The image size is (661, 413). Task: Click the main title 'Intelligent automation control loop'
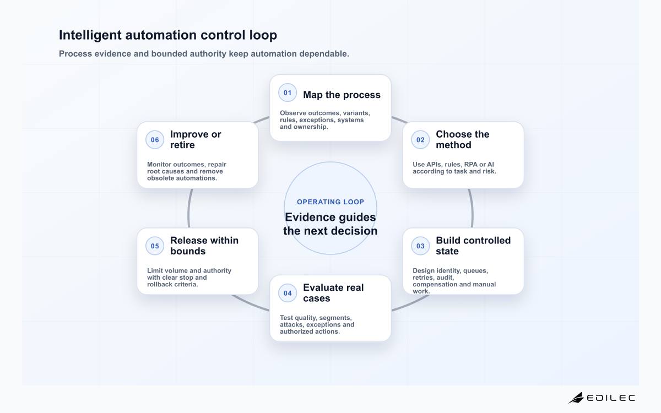[168, 35]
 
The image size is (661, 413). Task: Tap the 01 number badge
[288, 93]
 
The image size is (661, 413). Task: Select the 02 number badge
[420, 140]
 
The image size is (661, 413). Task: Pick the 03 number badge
[420, 246]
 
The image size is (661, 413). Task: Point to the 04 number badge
[288, 293]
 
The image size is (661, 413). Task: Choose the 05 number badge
[155, 246]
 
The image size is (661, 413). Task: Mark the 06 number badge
[155, 140]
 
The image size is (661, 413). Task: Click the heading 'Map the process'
[342, 95]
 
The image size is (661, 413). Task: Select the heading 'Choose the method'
[462, 139]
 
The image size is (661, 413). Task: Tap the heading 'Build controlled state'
[473, 246]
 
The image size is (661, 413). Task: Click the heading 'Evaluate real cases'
[333, 293]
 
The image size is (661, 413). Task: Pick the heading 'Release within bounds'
[204, 246]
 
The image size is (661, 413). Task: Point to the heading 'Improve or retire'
[196, 139]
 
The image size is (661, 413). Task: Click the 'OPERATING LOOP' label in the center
[330, 202]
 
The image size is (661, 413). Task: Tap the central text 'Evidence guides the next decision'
[330, 224]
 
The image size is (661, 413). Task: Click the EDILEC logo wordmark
[610, 398]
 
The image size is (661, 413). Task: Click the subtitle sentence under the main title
[204, 54]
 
